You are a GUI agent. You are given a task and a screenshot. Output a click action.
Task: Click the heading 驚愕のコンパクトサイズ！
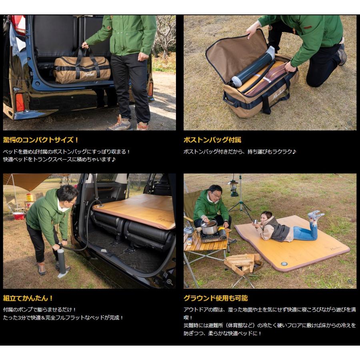[41, 140]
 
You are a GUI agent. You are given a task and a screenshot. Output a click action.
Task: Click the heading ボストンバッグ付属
[212, 140]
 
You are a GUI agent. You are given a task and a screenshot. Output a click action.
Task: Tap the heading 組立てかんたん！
[28, 298]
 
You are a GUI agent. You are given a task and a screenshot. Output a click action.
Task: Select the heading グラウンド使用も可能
[216, 298]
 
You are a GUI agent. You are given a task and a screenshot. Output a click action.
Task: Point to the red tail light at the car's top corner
[18, 24]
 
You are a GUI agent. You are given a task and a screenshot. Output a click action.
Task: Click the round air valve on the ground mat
[284, 264]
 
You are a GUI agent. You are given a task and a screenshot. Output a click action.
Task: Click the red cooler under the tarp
[18, 215]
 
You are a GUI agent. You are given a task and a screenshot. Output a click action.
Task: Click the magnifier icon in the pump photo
[170, 282]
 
